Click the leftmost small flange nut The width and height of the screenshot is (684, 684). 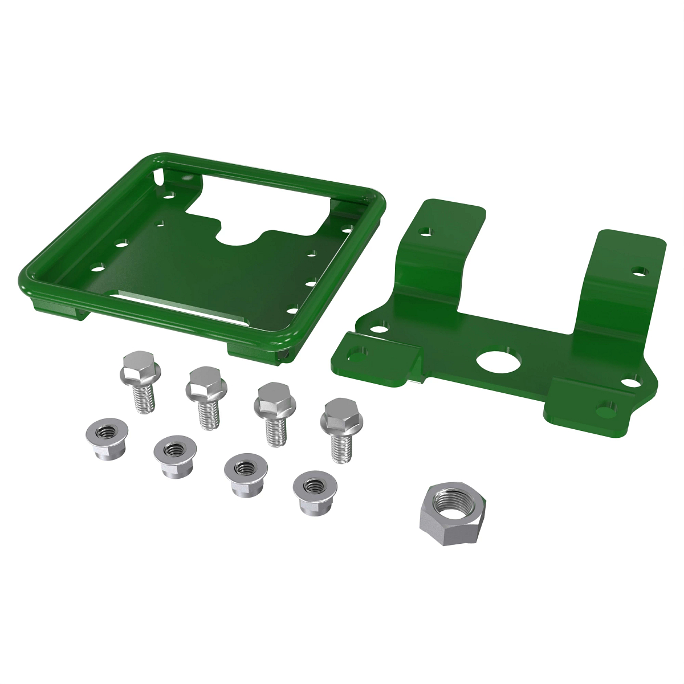tap(107, 439)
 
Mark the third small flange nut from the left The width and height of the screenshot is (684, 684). tap(246, 473)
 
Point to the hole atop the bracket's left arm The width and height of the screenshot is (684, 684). tap(425, 232)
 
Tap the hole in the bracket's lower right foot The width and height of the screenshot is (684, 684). tap(605, 408)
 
